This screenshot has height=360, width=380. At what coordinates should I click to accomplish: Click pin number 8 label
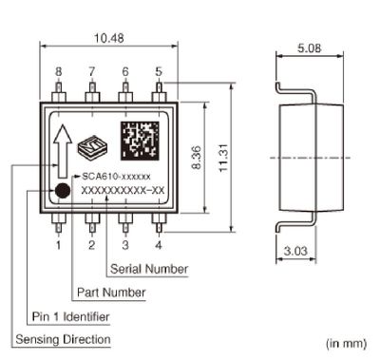(58, 71)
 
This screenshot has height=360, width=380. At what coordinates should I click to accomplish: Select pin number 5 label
(158, 71)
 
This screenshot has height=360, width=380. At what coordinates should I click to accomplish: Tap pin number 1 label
(58, 245)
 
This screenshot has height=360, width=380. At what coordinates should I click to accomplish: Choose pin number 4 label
(158, 245)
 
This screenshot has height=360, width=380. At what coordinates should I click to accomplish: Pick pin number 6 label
(124, 71)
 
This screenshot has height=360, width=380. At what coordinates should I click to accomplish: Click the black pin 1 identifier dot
(62, 190)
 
